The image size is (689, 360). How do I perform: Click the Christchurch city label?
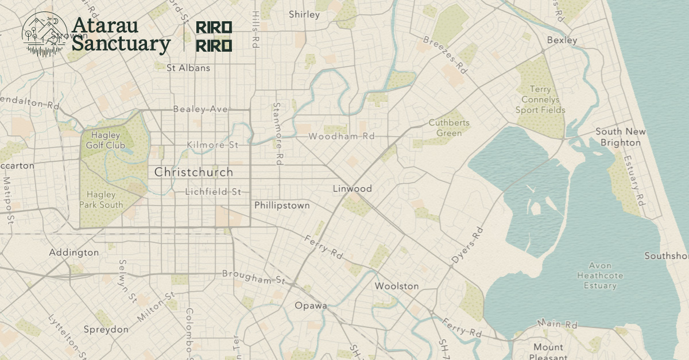pos(193,172)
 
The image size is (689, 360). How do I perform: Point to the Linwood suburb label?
pos(352,188)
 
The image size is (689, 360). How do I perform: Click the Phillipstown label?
pos(282,205)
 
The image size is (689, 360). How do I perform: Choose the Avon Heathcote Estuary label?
pos(600,276)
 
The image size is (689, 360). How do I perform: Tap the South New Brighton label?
pos(620,137)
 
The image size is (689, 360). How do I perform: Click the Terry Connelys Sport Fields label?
pos(540,99)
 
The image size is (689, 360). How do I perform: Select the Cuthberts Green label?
pos(449,127)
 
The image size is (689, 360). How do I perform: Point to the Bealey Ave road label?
pos(200,109)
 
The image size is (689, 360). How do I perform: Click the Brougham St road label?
pos(254,277)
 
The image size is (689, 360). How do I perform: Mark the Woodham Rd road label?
pos(341,136)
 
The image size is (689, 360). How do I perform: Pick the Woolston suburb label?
pos(396,285)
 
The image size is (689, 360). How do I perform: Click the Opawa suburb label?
pos(311,305)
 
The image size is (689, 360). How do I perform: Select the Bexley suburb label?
pos(562,40)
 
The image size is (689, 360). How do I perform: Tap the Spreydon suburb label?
pos(106,329)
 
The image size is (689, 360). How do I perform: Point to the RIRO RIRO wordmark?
pos(214,36)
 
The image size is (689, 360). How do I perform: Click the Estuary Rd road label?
pos(632,180)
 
